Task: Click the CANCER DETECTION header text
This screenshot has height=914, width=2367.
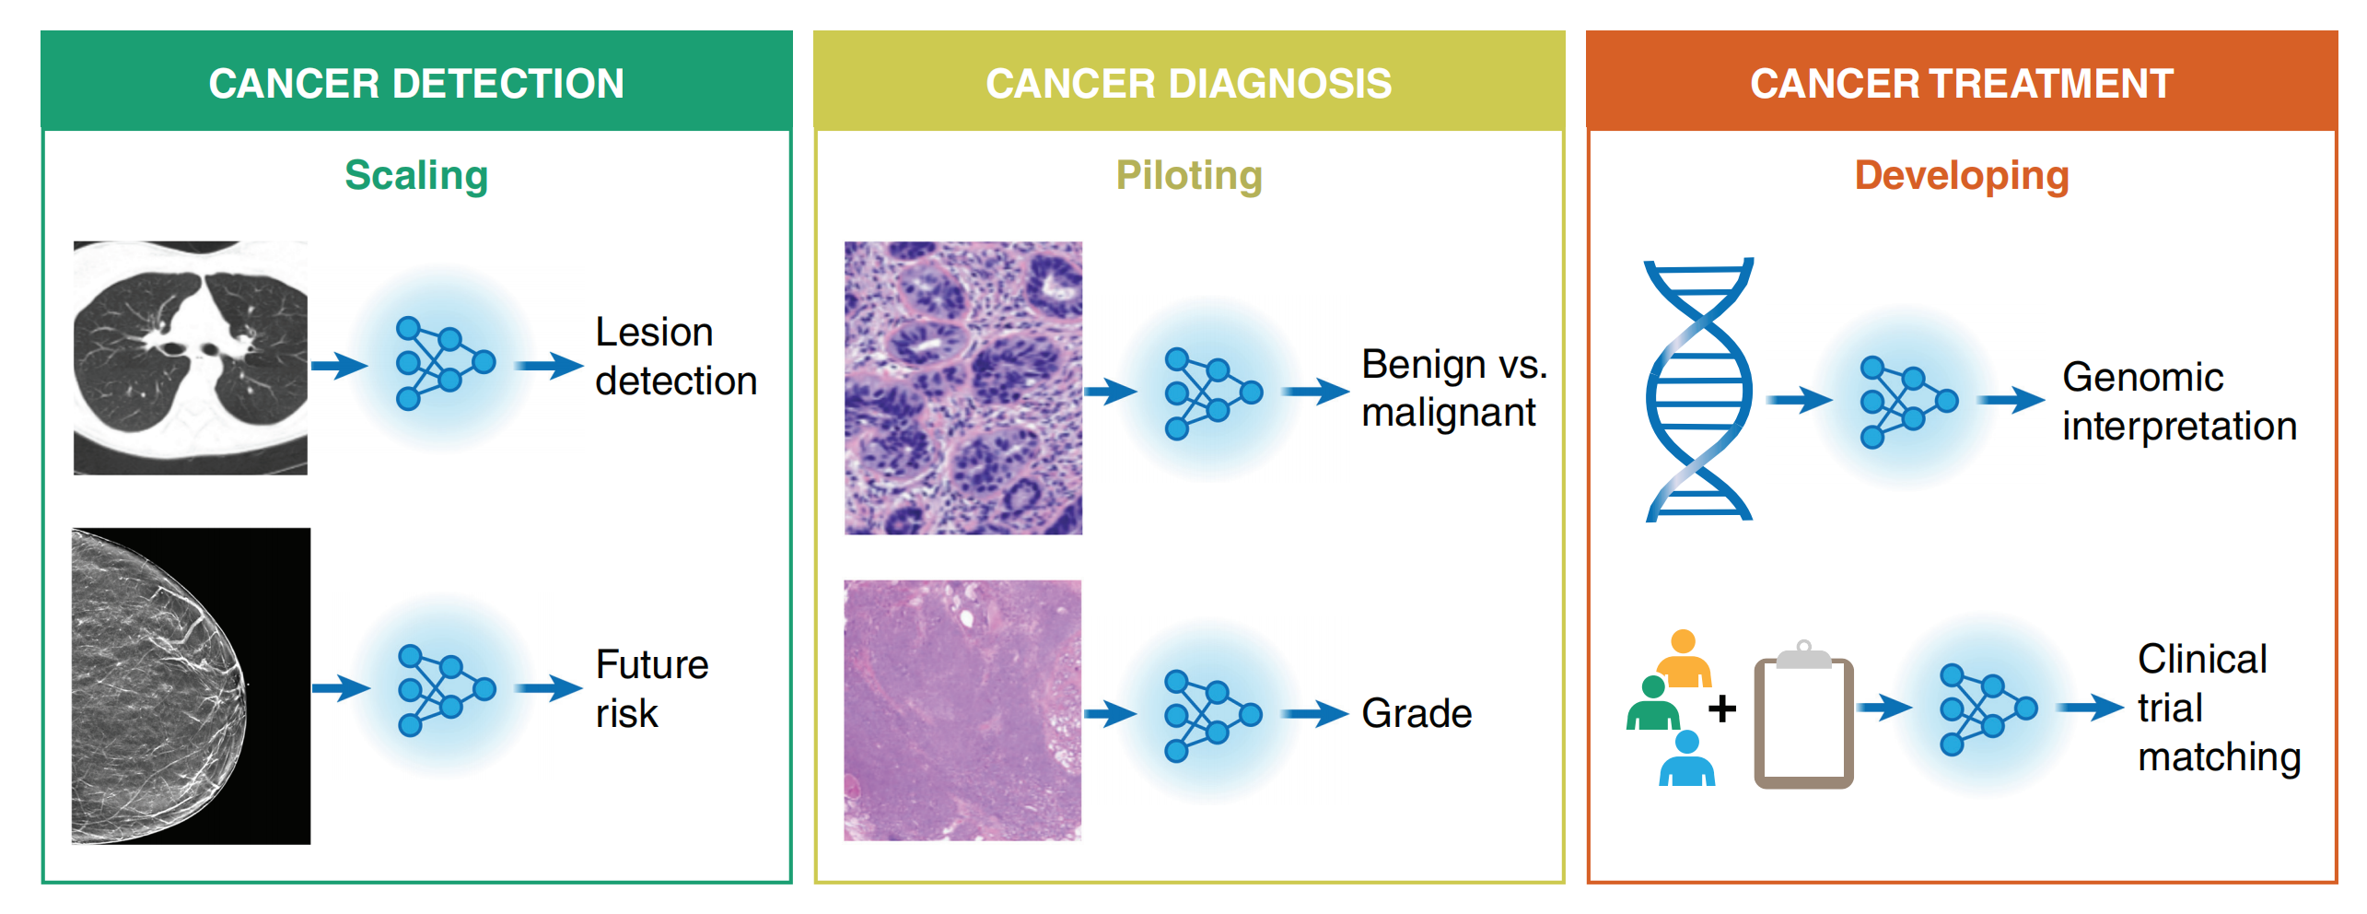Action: click(x=416, y=84)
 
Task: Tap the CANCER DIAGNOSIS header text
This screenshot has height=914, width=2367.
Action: click(x=1188, y=84)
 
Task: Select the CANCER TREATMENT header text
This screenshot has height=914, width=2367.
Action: click(x=1961, y=84)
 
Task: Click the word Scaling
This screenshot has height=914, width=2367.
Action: click(x=416, y=175)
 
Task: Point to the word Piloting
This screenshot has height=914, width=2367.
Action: click(x=1188, y=175)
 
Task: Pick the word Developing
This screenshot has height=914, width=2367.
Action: click(x=1961, y=175)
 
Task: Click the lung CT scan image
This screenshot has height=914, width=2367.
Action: click(x=191, y=357)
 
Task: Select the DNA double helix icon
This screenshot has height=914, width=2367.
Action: click(x=1699, y=390)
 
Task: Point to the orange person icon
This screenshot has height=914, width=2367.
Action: click(x=1684, y=659)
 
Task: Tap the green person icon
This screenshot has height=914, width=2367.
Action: click(x=1653, y=704)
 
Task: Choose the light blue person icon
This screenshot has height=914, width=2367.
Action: click(x=1686, y=759)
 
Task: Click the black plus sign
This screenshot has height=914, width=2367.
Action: click(x=1721, y=709)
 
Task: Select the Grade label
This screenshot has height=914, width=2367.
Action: click(x=1417, y=713)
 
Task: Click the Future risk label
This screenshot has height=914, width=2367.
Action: click(x=650, y=688)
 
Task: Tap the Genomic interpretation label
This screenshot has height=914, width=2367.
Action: click(x=2178, y=402)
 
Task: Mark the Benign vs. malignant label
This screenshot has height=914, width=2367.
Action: click(x=1453, y=388)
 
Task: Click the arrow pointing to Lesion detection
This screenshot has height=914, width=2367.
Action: click(x=548, y=366)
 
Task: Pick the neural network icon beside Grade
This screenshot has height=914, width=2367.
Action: click(x=1212, y=716)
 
